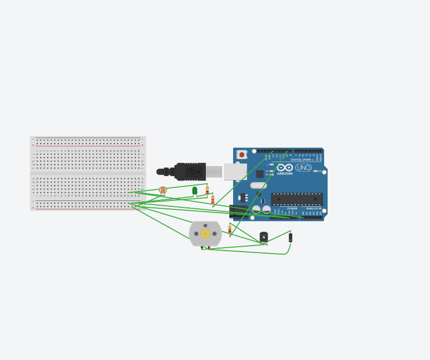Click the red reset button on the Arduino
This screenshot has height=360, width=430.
coord(242,155)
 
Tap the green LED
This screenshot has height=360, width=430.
coord(195,190)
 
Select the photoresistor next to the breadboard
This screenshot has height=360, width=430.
coord(163,190)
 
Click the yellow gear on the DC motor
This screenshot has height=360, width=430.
coord(205,233)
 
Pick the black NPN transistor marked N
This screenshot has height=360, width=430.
coord(263,237)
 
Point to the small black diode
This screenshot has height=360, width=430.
coord(290,238)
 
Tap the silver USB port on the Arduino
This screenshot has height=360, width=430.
coord(235,172)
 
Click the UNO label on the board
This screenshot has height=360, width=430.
coord(303,168)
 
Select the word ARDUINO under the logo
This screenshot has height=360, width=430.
coord(285,174)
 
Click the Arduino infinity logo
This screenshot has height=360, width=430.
coord(285,168)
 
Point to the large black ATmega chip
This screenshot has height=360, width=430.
coord(297,199)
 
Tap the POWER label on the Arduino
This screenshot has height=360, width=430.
coord(292,208)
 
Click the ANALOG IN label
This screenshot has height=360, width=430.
coord(314,208)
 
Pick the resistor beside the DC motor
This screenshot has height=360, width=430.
coord(230,229)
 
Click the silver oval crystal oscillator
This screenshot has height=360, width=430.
coord(258,185)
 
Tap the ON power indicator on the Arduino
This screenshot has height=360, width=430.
coord(318,171)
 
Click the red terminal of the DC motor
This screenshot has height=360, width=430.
coord(209,247)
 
